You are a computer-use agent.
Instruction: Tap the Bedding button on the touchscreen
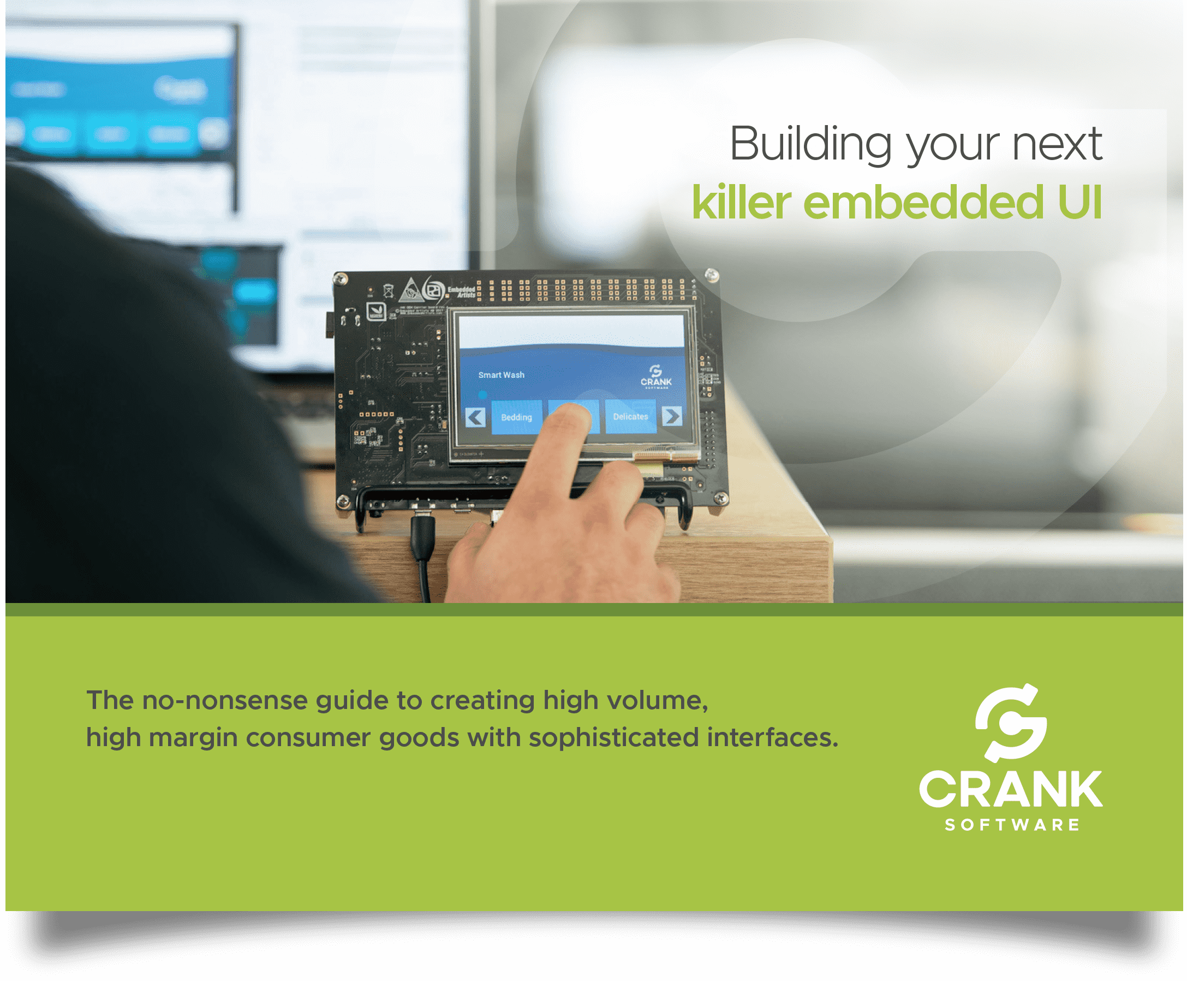click(x=516, y=417)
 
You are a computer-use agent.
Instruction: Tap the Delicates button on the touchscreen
click(x=630, y=416)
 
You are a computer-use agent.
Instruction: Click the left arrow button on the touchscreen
click(x=475, y=417)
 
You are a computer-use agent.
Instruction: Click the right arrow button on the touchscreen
click(x=671, y=416)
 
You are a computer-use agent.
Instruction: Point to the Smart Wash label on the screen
click(x=501, y=375)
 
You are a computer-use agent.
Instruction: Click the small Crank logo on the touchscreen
click(x=655, y=376)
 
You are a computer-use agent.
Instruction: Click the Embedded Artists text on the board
click(x=461, y=292)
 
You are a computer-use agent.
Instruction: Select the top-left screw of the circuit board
click(x=341, y=279)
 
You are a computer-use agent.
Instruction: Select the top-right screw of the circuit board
click(x=712, y=275)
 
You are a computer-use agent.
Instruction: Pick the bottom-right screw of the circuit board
click(x=720, y=498)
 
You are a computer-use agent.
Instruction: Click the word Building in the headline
click(x=810, y=144)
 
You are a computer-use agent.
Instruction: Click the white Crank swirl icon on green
click(x=1011, y=723)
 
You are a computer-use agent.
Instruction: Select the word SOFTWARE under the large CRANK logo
click(x=1012, y=825)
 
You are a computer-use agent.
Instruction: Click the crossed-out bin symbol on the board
click(x=388, y=292)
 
